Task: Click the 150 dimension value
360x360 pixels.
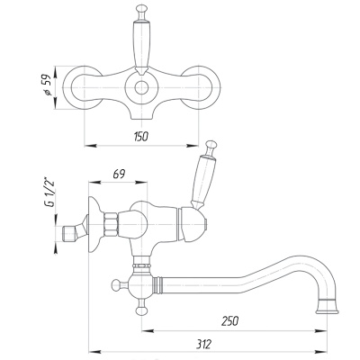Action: coord(141,137)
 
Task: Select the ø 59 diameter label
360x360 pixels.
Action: coord(48,85)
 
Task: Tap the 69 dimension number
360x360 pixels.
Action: coord(119,174)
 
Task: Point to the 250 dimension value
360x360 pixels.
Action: coord(230,321)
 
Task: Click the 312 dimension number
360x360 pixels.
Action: coord(204,344)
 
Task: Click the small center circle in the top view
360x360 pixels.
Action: coord(141,88)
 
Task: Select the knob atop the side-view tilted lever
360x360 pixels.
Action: coord(211,146)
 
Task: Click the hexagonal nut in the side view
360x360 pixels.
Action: coord(110,225)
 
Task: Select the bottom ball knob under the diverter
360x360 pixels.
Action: coord(141,310)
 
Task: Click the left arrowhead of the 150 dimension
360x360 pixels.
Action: coord(90,146)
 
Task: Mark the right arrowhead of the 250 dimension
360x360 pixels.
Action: coord(321,331)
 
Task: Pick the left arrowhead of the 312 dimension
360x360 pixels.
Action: coord(95,351)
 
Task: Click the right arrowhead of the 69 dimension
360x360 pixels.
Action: coord(141,182)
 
